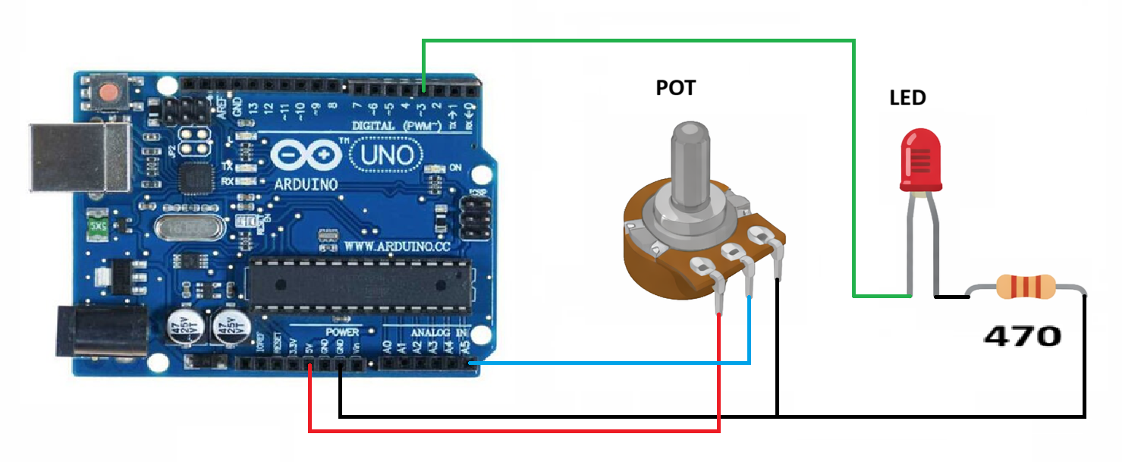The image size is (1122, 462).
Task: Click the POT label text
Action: coord(675,88)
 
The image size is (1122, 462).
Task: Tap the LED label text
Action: coord(907,98)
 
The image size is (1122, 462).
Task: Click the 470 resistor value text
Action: coord(1022,335)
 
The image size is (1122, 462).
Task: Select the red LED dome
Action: coord(919,160)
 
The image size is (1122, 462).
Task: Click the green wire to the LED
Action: coord(637,41)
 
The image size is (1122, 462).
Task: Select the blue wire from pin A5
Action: coord(607,363)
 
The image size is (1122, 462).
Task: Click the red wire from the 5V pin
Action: coord(516,432)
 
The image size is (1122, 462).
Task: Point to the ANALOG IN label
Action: coord(440,332)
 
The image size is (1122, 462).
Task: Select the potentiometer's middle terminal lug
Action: coord(734,253)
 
